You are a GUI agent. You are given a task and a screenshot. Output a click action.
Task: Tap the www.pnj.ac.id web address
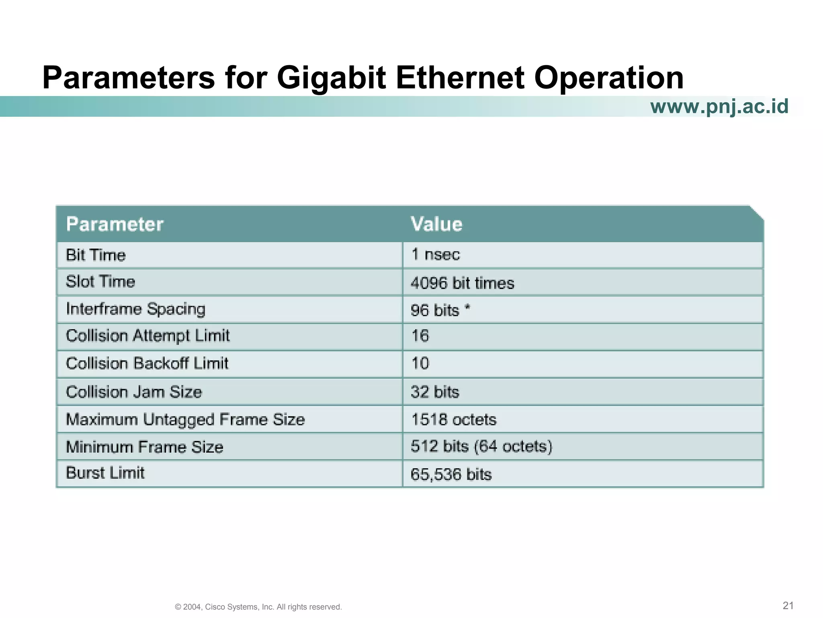click(719, 107)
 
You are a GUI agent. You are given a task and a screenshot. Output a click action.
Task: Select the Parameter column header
click(115, 224)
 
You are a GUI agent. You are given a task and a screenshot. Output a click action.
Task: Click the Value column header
click(436, 224)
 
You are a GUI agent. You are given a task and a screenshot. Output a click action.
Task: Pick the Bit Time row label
click(96, 255)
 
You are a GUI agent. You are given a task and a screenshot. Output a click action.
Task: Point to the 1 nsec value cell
click(435, 254)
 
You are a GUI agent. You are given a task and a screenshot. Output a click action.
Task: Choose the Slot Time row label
click(100, 282)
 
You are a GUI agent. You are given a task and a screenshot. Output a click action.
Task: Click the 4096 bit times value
click(462, 283)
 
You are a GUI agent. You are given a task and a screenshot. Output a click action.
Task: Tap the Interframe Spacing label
click(135, 309)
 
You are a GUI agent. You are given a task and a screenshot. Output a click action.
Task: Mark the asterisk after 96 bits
click(467, 308)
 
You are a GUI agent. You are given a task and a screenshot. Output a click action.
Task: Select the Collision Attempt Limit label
click(147, 336)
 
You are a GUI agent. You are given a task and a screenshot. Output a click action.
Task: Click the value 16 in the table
click(420, 336)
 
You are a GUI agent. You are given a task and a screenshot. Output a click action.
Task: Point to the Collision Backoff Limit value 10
click(420, 363)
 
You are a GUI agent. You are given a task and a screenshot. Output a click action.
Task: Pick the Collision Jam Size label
click(134, 392)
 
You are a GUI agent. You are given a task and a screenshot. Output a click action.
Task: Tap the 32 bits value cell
click(435, 392)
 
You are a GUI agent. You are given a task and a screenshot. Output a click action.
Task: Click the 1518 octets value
click(454, 420)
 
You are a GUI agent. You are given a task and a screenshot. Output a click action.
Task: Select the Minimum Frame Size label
click(144, 447)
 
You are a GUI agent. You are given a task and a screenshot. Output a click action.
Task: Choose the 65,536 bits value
click(451, 474)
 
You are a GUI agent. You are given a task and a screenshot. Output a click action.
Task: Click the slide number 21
click(788, 606)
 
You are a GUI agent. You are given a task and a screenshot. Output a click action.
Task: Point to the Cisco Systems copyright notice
click(258, 607)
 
